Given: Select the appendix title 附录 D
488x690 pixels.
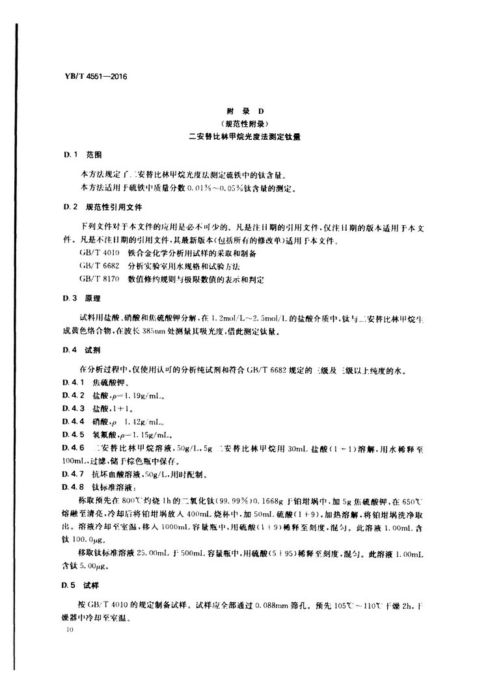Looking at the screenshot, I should click(243, 112).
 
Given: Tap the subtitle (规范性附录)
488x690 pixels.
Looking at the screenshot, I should click(243, 124).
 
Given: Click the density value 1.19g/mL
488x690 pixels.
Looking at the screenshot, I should click(133, 397).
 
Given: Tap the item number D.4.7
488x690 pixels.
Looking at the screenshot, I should click(75, 473).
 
